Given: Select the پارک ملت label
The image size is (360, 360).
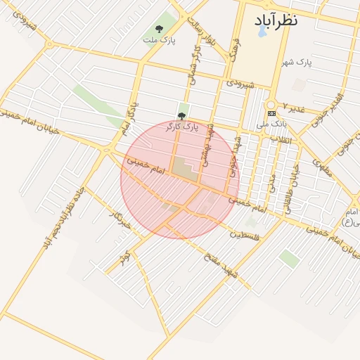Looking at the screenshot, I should click(x=159, y=40).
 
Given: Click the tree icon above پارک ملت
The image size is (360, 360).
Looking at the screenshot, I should click(x=159, y=29).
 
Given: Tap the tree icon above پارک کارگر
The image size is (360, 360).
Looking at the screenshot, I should click(x=181, y=116).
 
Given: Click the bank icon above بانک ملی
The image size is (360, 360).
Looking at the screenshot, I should click(x=271, y=114).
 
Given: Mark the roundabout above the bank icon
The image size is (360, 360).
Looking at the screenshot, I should click(x=270, y=103).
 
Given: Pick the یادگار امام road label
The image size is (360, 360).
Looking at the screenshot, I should click(x=127, y=120).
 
